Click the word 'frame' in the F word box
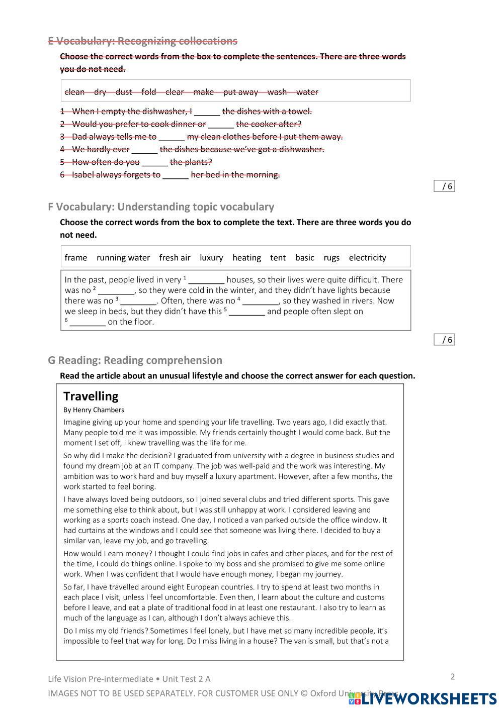click(76, 258)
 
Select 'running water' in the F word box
click(123, 258)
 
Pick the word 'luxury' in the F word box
click(211, 258)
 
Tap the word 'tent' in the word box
click(278, 258)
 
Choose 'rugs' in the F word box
click(331, 258)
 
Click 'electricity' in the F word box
click(367, 258)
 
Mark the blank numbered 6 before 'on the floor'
click(88, 323)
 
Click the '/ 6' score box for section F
click(444, 340)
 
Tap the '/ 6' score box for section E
click(444, 186)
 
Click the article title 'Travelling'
click(91, 396)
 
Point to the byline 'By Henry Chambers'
click(94, 410)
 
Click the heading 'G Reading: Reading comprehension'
click(135, 360)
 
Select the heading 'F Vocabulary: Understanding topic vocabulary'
click(161, 207)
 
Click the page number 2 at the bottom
click(452, 676)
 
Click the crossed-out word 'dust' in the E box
click(124, 92)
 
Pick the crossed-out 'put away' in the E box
click(240, 92)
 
